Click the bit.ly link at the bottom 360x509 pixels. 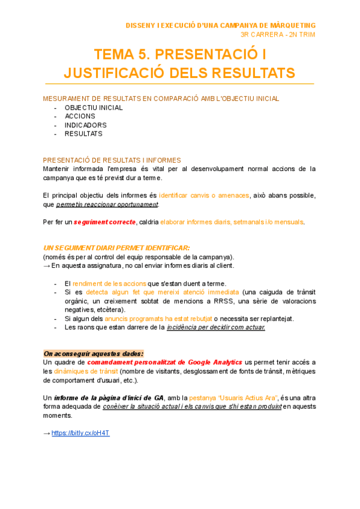point(80,433)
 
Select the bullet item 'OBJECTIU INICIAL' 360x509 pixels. point(94,108)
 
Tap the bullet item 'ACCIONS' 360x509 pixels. point(80,116)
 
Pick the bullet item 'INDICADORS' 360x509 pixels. point(86,125)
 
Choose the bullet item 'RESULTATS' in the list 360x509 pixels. point(83,134)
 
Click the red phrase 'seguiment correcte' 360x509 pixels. point(104,222)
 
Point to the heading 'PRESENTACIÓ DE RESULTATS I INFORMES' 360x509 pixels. point(112,160)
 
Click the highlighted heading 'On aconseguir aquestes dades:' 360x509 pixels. point(94,354)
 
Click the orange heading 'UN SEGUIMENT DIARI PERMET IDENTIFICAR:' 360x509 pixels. point(117,248)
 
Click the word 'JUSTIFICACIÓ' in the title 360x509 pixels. point(119,73)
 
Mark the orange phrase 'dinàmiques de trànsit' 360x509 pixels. point(86,371)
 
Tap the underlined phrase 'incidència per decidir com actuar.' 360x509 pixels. point(215,327)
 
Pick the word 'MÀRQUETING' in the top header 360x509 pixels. point(290,25)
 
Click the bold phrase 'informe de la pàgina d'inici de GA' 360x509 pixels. point(109,397)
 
